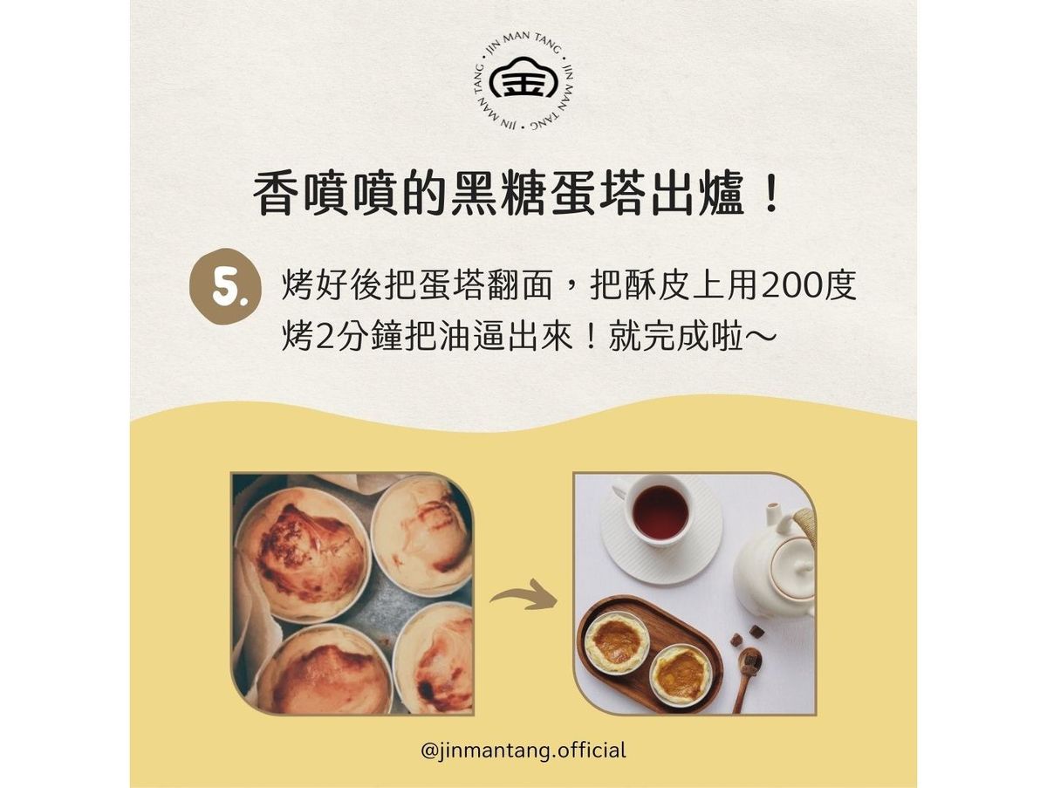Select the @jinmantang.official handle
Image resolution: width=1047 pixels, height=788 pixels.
pos(523,750)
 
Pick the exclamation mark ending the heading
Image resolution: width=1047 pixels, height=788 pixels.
pos(769,195)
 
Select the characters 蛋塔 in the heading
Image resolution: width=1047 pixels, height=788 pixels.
pos(596,196)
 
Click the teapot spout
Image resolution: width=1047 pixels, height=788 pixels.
pos(772,517)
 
